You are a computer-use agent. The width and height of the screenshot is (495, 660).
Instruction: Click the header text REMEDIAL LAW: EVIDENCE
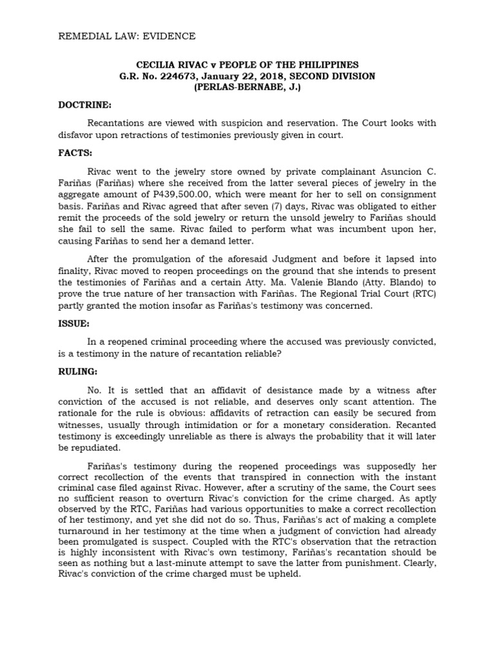pyautogui.click(x=127, y=37)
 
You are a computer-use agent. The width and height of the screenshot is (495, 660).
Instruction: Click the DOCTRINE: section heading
pyautogui.click(x=85, y=104)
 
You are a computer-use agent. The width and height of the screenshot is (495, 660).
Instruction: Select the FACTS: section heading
pyautogui.click(x=76, y=153)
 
